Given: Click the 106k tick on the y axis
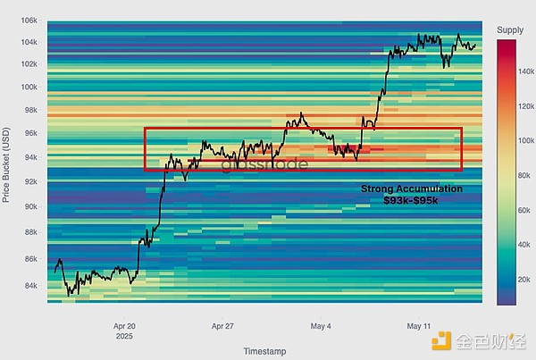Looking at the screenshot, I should click(x=28, y=20).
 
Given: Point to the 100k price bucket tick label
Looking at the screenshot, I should click(x=28, y=88).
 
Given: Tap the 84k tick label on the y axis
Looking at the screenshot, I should click(x=29, y=286).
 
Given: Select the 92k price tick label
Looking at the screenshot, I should click(x=29, y=182).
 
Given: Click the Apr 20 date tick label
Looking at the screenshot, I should click(x=124, y=326).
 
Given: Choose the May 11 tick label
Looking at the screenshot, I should click(x=419, y=326).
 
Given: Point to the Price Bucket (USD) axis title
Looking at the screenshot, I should click(x=8, y=161).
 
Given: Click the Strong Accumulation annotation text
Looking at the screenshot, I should click(x=412, y=189).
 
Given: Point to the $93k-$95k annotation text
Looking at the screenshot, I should click(x=412, y=202).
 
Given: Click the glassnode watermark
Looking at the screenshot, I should click(x=253, y=164).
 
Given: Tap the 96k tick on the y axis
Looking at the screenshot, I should click(x=29, y=135).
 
